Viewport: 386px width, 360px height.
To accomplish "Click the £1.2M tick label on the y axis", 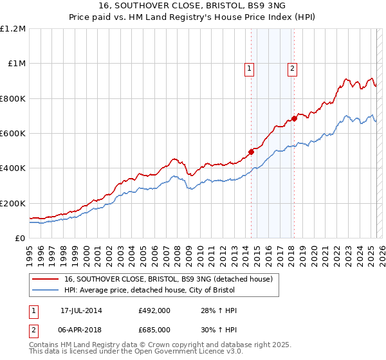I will click(14, 29).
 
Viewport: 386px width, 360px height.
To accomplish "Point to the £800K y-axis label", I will click(13, 99).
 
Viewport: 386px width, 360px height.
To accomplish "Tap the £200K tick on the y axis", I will click(13, 203).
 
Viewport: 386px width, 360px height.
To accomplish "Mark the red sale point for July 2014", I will click(251, 152).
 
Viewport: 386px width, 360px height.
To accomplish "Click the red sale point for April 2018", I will click(294, 118).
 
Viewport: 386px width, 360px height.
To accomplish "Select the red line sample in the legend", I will click(46, 279).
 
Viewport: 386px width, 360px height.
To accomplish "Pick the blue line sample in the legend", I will click(46, 291).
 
